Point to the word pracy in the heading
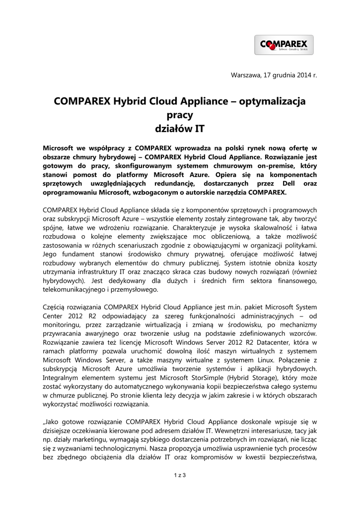pyautogui.click(x=180, y=115)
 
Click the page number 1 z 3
pyautogui.click(x=180, y=476)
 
